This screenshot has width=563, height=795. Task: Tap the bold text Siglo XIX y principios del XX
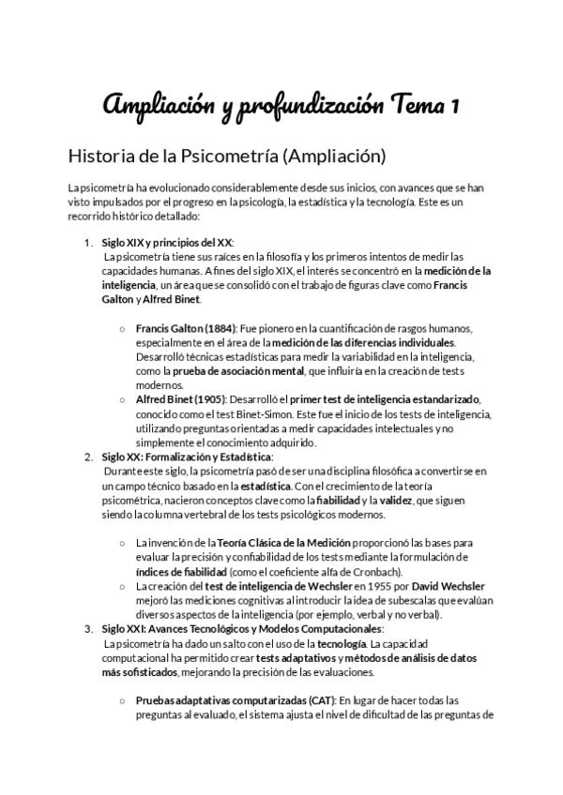166,243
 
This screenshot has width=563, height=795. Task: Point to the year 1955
356,585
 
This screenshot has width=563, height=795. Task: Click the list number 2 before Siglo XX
88,457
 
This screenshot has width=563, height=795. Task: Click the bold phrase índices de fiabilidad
181,571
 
